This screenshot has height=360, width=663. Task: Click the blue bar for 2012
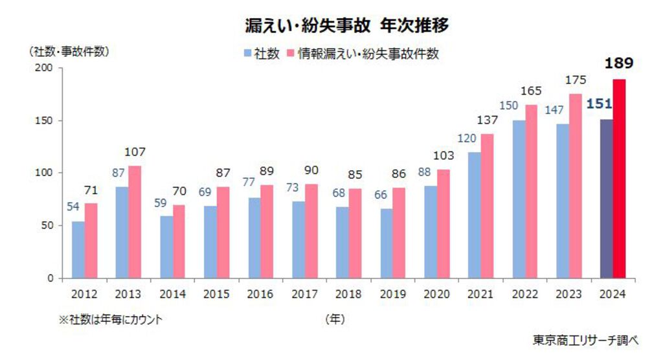coord(78,250)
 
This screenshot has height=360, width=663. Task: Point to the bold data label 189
coord(618,63)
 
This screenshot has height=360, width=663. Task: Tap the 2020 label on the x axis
coord(436,294)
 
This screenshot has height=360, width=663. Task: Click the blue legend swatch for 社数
coord(247,54)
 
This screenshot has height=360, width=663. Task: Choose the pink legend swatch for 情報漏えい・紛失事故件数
coord(291,54)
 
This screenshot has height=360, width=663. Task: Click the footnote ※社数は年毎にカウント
coord(110,319)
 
